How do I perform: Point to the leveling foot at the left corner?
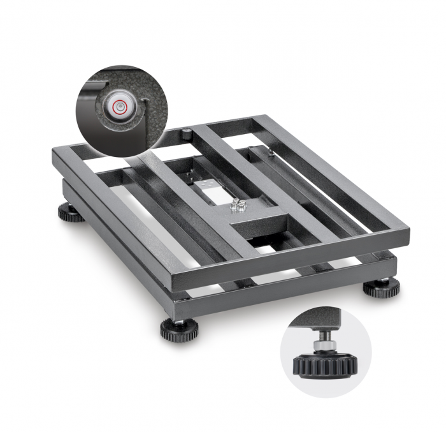tap(71, 212)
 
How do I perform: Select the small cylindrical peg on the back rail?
tap(186, 133)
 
